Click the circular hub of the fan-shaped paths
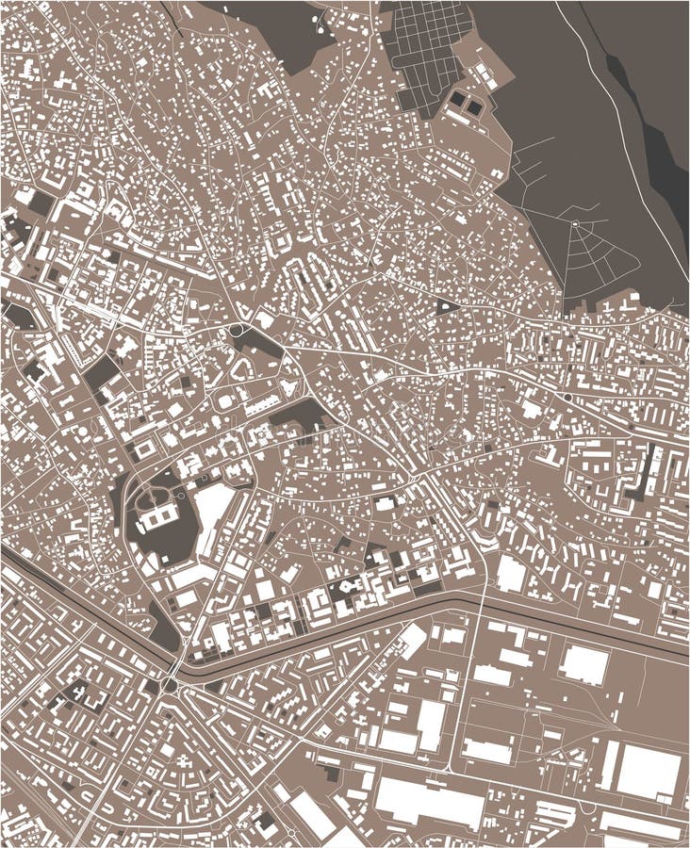point(574,223)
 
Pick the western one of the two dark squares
point(456,97)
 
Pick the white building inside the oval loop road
point(159,514)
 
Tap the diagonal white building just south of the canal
point(412,641)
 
